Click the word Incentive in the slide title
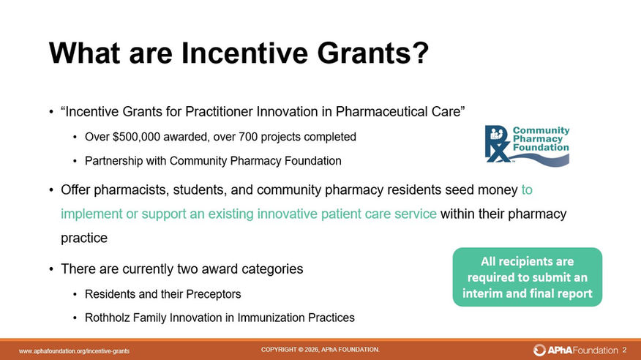244,53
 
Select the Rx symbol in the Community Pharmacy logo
497,144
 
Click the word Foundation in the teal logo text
541,148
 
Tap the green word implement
91,214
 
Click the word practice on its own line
84,238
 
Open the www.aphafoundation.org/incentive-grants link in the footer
74,351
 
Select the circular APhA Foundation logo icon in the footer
539,350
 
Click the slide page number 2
624,350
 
